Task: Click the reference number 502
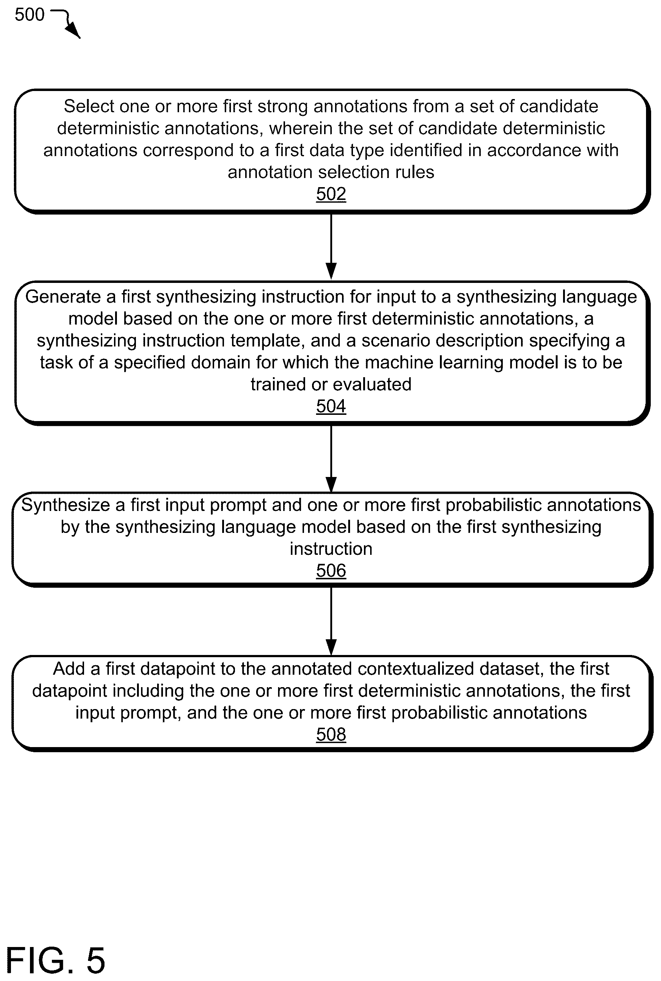331,194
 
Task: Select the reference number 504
331,406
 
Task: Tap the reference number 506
331,571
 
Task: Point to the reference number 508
331,734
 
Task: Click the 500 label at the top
30,15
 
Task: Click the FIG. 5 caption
55,960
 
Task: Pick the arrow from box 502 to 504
331,247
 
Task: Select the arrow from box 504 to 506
331,459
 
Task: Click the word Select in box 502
89,106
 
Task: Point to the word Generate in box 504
64,297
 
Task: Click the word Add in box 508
68,668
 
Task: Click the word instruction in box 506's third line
331,549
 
